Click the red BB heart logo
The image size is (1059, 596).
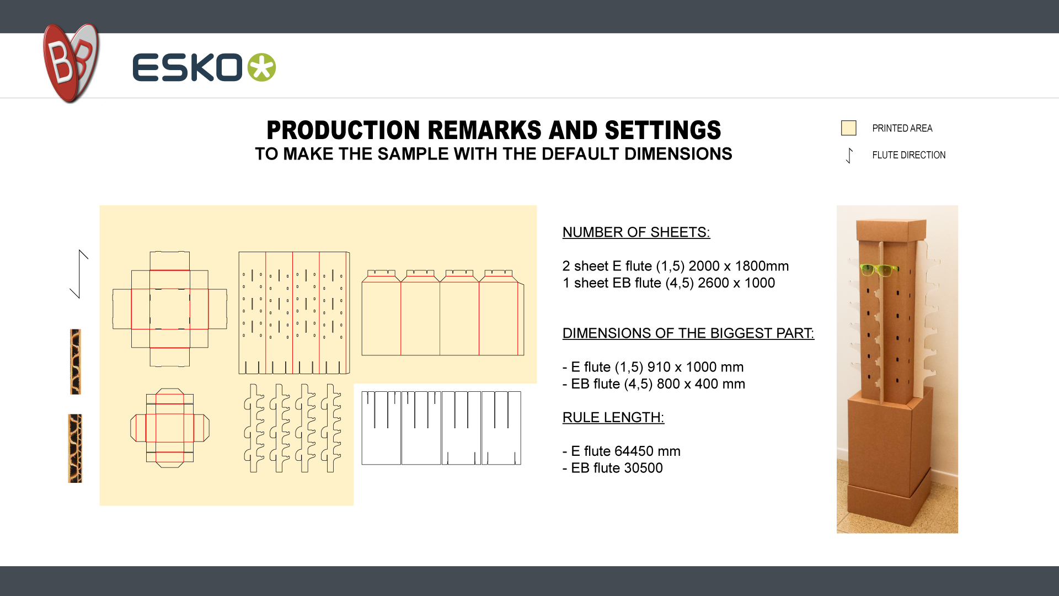pyautogui.click(x=71, y=63)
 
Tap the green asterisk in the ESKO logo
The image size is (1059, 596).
pyautogui.click(x=261, y=67)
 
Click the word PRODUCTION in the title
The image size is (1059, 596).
pyautogui.click(x=344, y=130)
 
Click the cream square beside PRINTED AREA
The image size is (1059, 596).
pyautogui.click(x=848, y=128)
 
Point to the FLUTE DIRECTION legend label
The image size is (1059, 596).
pyautogui.click(x=908, y=155)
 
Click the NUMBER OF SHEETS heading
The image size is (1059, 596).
pyautogui.click(x=636, y=232)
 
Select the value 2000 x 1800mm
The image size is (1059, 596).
pyautogui.click(x=739, y=266)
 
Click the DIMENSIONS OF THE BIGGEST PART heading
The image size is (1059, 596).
pyautogui.click(x=688, y=333)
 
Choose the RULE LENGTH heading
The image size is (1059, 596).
pyautogui.click(x=613, y=417)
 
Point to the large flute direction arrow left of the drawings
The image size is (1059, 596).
pyautogui.click(x=79, y=274)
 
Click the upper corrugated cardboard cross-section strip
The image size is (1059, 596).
pyautogui.click(x=76, y=361)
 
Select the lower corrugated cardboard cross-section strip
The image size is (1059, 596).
pyautogui.click(x=75, y=448)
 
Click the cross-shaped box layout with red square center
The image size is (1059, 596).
pyautogui.click(x=170, y=309)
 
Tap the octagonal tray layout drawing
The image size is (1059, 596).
pyautogui.click(x=170, y=428)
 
